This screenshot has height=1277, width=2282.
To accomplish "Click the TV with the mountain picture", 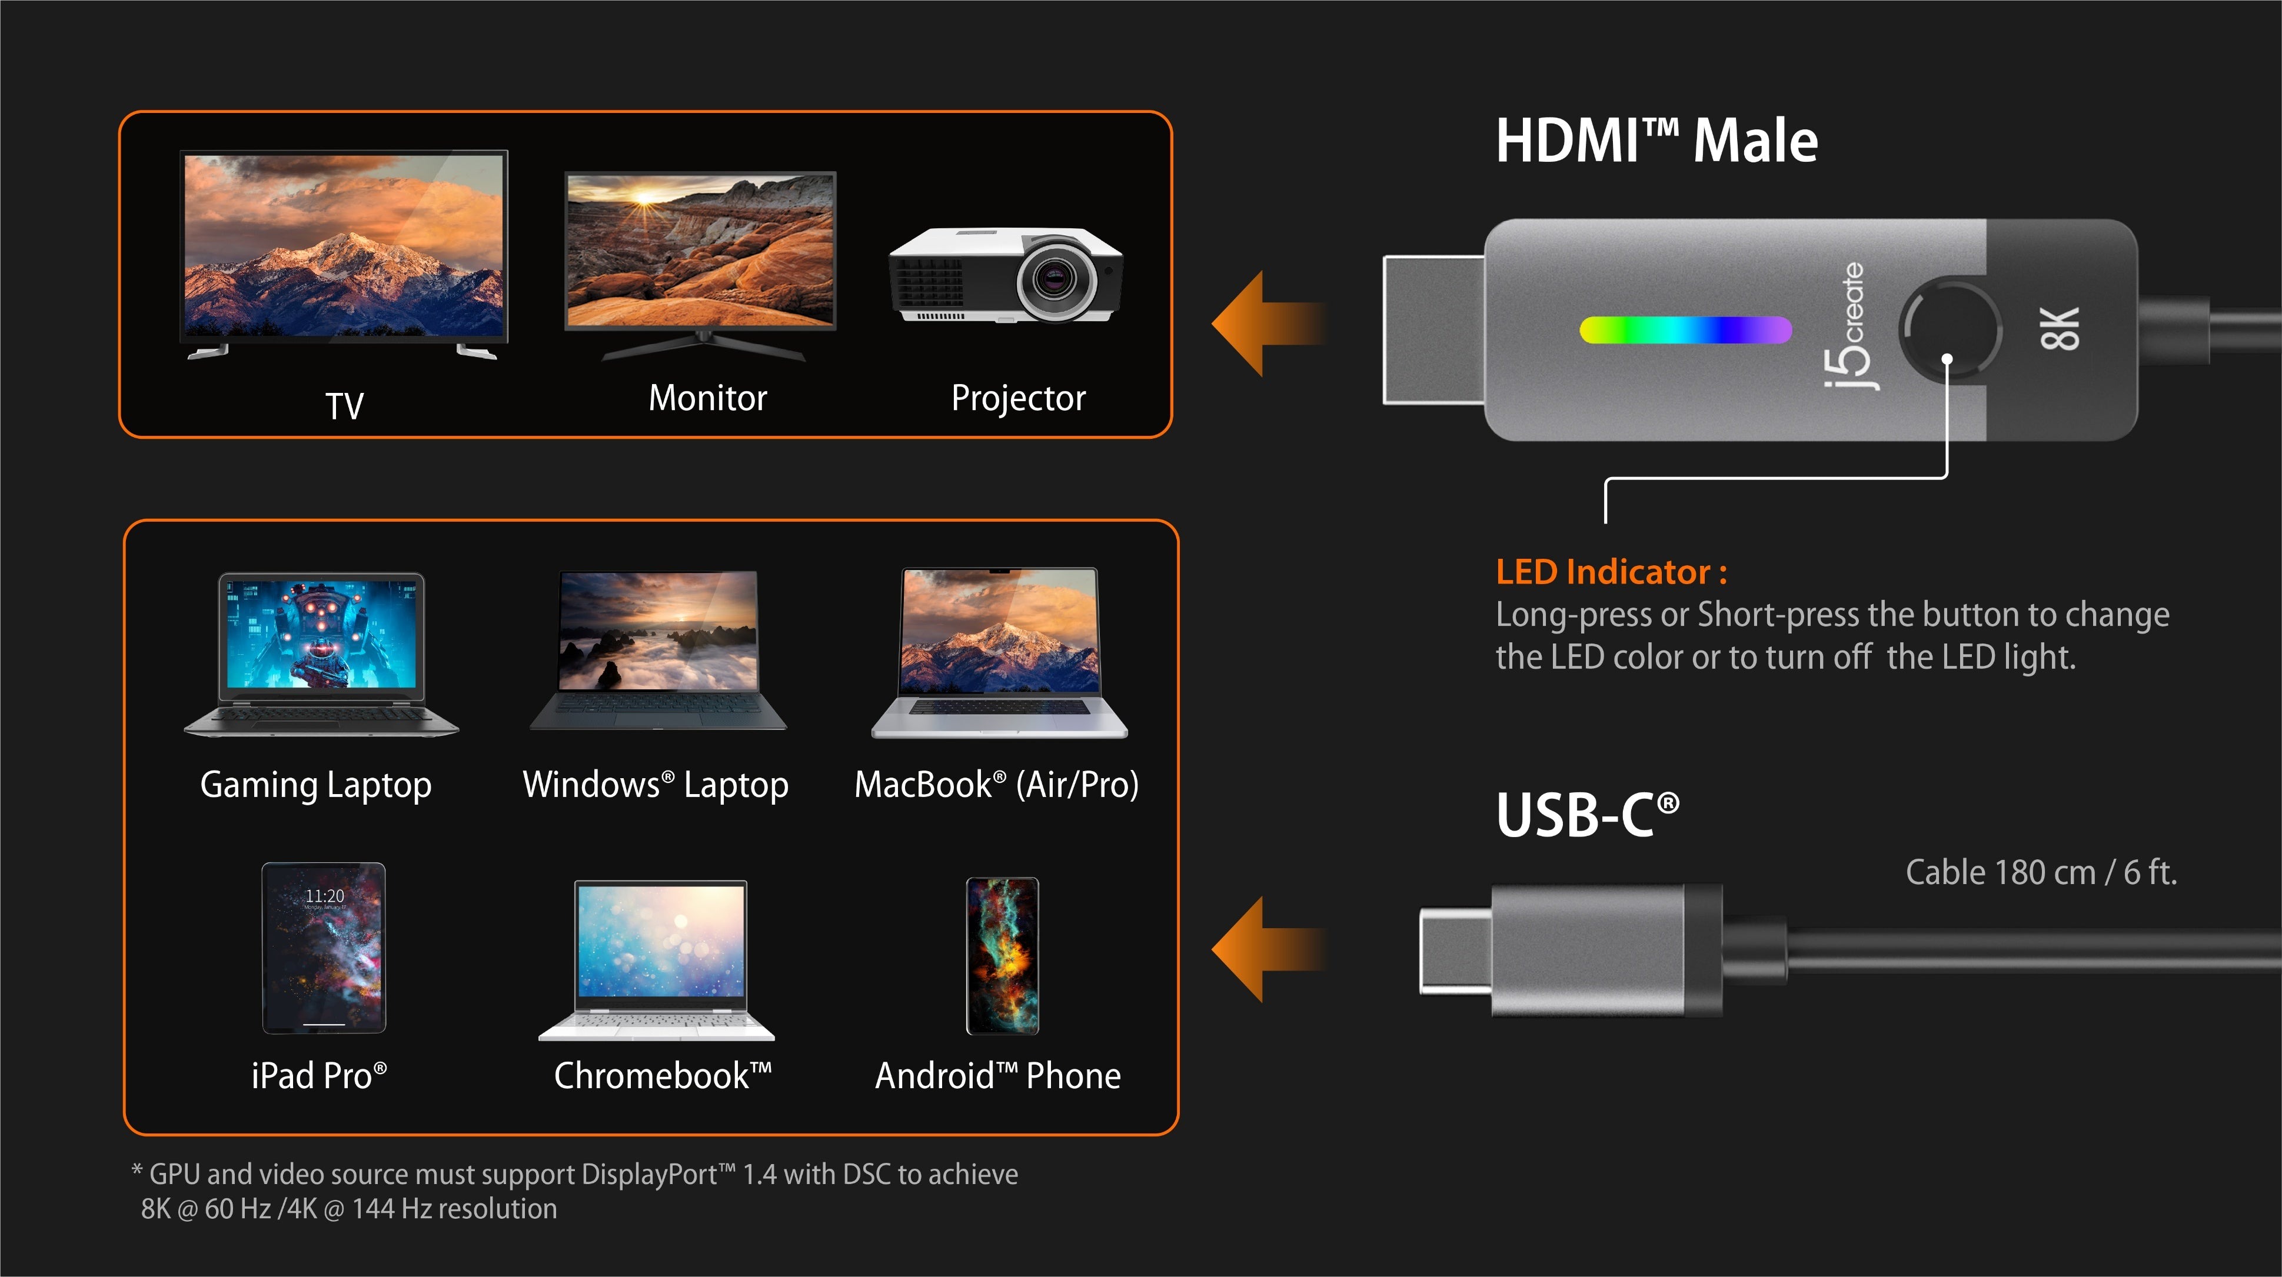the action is coord(344,255).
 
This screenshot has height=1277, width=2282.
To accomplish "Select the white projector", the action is coord(1006,275).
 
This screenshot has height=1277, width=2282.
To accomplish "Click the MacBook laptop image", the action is coord(999,653).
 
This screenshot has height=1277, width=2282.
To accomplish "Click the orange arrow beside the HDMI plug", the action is coord(1269,324).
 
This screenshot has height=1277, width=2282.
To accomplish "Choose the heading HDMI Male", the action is coord(1656,141).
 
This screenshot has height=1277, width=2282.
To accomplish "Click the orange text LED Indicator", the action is coord(1611,572).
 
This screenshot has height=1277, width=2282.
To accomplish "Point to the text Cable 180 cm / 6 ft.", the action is coord(2041,872).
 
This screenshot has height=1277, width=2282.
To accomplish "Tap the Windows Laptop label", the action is coord(656,785).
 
